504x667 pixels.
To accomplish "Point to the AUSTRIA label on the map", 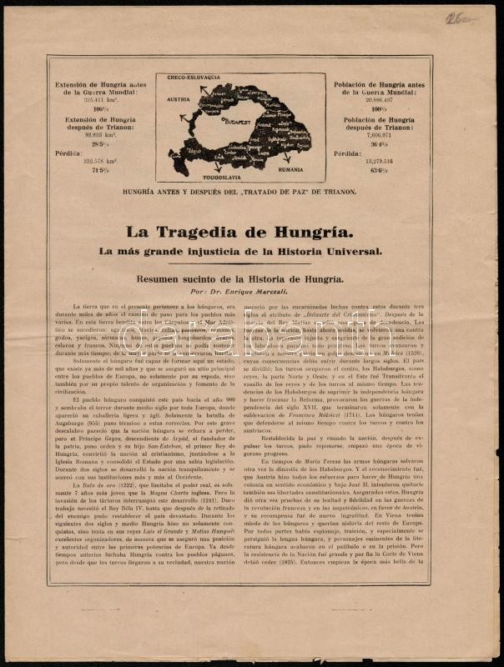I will (x=179, y=98).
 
